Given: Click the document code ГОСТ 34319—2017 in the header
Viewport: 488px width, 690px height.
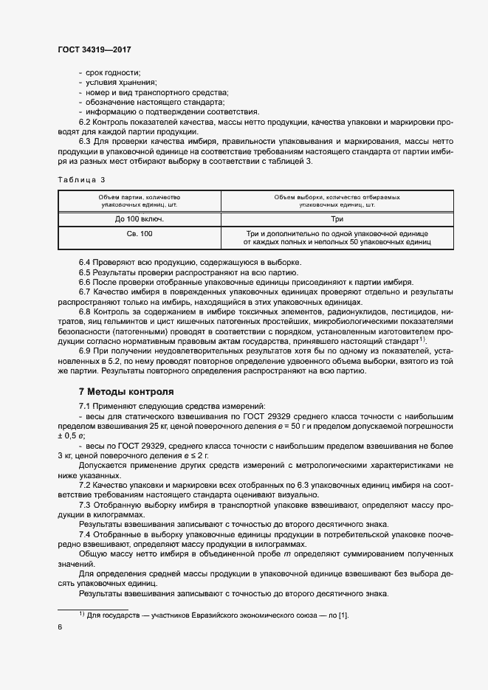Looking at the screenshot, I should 94,49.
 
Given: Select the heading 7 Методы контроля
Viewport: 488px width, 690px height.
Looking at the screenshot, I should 126,391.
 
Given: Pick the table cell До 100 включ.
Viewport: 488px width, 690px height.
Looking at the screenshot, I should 139,219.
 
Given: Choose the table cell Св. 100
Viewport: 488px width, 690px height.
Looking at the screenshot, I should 139,234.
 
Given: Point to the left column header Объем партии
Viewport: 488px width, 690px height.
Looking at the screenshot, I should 139,201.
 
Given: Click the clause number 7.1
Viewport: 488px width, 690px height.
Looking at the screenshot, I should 85,407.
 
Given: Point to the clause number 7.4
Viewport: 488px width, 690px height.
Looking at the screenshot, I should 85,534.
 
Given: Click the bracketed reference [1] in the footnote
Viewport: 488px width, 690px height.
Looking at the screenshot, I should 343,615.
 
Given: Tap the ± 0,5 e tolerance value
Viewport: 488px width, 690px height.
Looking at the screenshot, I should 73,436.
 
